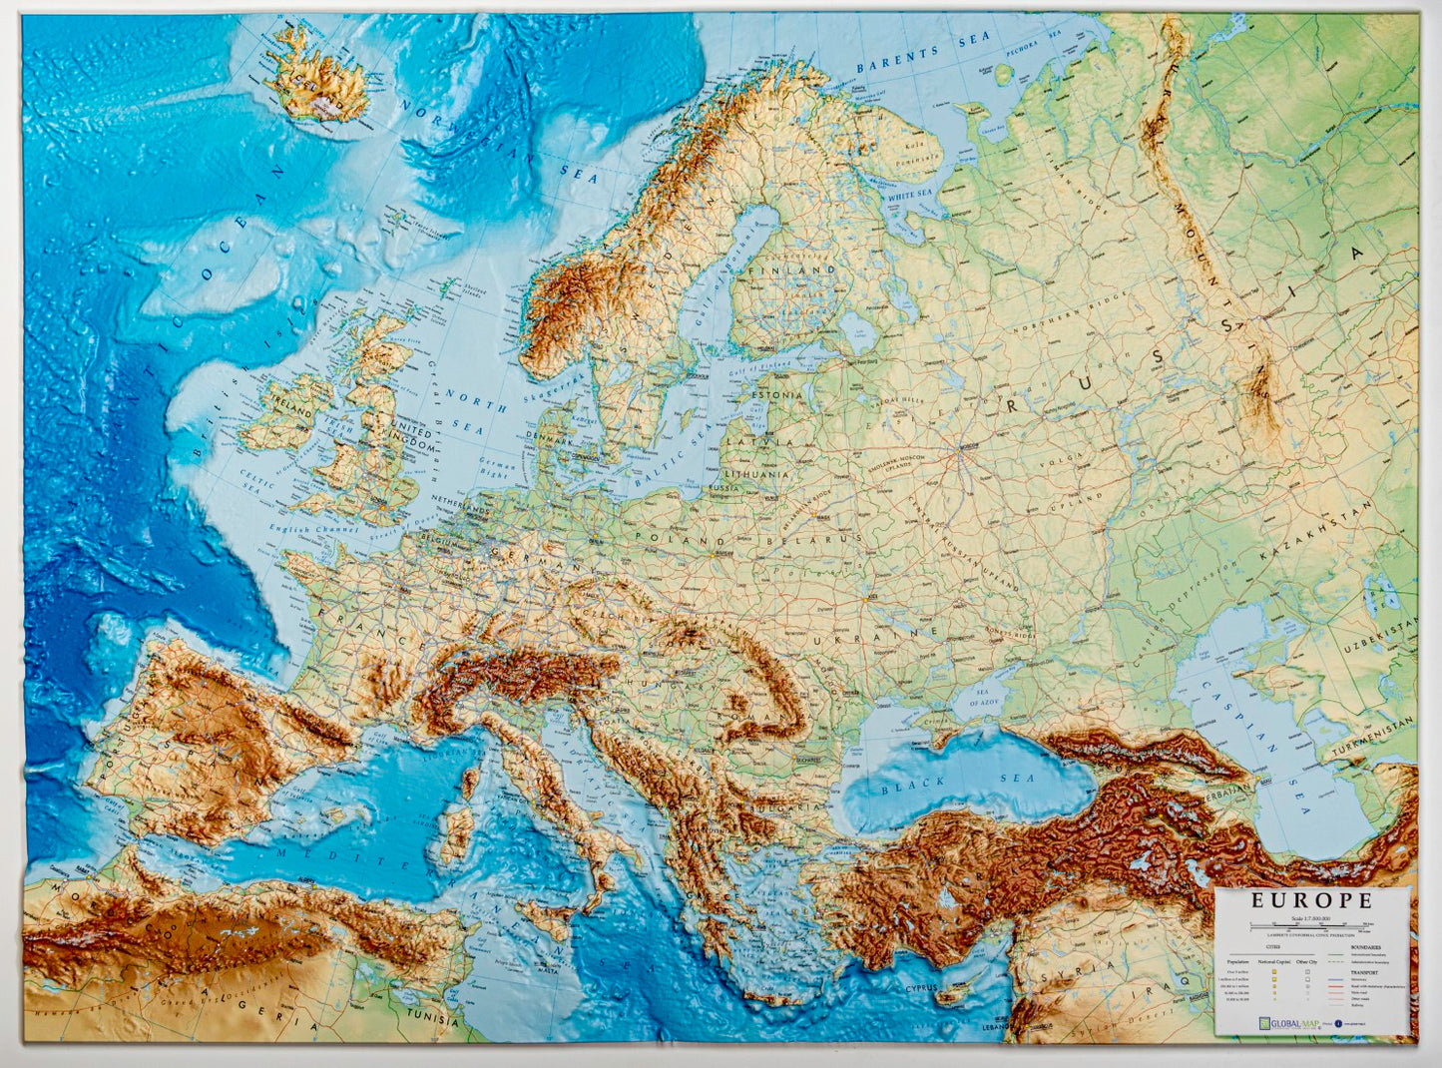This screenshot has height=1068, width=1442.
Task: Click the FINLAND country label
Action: tap(797, 269)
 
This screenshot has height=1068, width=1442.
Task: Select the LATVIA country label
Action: tap(758, 440)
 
